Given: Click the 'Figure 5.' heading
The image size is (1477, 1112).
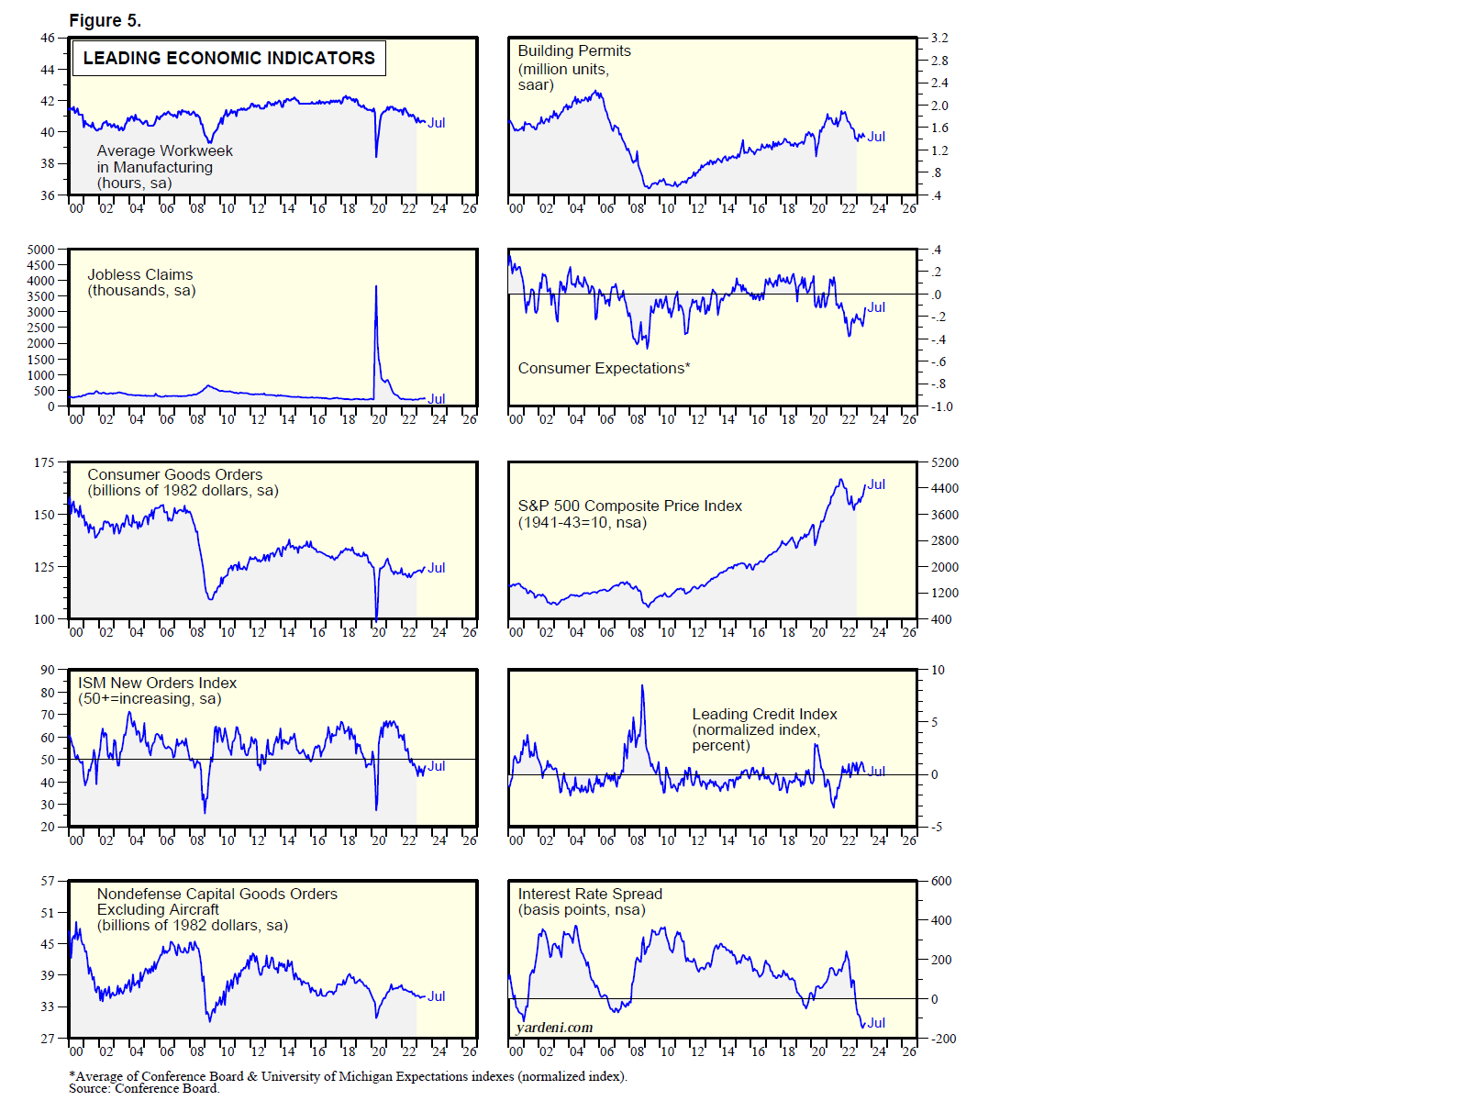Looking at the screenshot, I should pyautogui.click(x=105, y=20).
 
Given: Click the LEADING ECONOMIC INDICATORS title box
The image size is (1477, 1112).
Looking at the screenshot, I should pyautogui.click(x=228, y=58).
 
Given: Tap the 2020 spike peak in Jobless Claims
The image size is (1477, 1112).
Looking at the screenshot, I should pyautogui.click(x=375, y=286).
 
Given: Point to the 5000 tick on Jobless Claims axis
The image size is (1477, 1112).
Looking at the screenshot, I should pyautogui.click(x=40, y=250).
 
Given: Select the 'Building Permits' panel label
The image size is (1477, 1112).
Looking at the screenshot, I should pyautogui.click(x=573, y=51).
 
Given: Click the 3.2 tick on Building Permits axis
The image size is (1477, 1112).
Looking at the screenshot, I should pyautogui.click(x=939, y=39).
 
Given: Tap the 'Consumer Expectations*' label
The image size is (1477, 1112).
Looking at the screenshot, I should pyautogui.click(x=604, y=368).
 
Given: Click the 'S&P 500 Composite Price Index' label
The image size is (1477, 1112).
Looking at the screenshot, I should pyautogui.click(x=629, y=506).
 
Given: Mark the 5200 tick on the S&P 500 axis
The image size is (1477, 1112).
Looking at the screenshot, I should pyautogui.click(x=945, y=462).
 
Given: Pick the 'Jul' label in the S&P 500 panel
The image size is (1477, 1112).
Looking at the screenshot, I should pyautogui.click(x=876, y=484).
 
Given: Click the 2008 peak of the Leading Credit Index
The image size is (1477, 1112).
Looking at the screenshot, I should pyautogui.click(x=642, y=685).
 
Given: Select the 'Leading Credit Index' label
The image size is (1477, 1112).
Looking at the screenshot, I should pyautogui.click(x=764, y=714).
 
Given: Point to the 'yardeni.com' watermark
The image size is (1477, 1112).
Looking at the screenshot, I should pyautogui.click(x=554, y=1028).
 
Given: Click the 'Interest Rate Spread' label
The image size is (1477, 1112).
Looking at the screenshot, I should pyautogui.click(x=589, y=894).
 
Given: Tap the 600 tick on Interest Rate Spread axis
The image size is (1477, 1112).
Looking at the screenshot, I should pyautogui.click(x=941, y=881).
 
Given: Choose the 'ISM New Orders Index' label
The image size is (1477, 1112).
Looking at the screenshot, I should pyautogui.click(x=157, y=683).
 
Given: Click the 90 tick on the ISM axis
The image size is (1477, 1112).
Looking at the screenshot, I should pyautogui.click(x=47, y=670).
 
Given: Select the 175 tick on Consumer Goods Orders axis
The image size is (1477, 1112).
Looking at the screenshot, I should pyautogui.click(x=44, y=462).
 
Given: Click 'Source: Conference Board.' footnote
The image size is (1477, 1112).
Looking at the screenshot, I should pyautogui.click(x=144, y=1089).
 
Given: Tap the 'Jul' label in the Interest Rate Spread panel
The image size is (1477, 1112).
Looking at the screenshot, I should pyautogui.click(x=876, y=1023).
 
